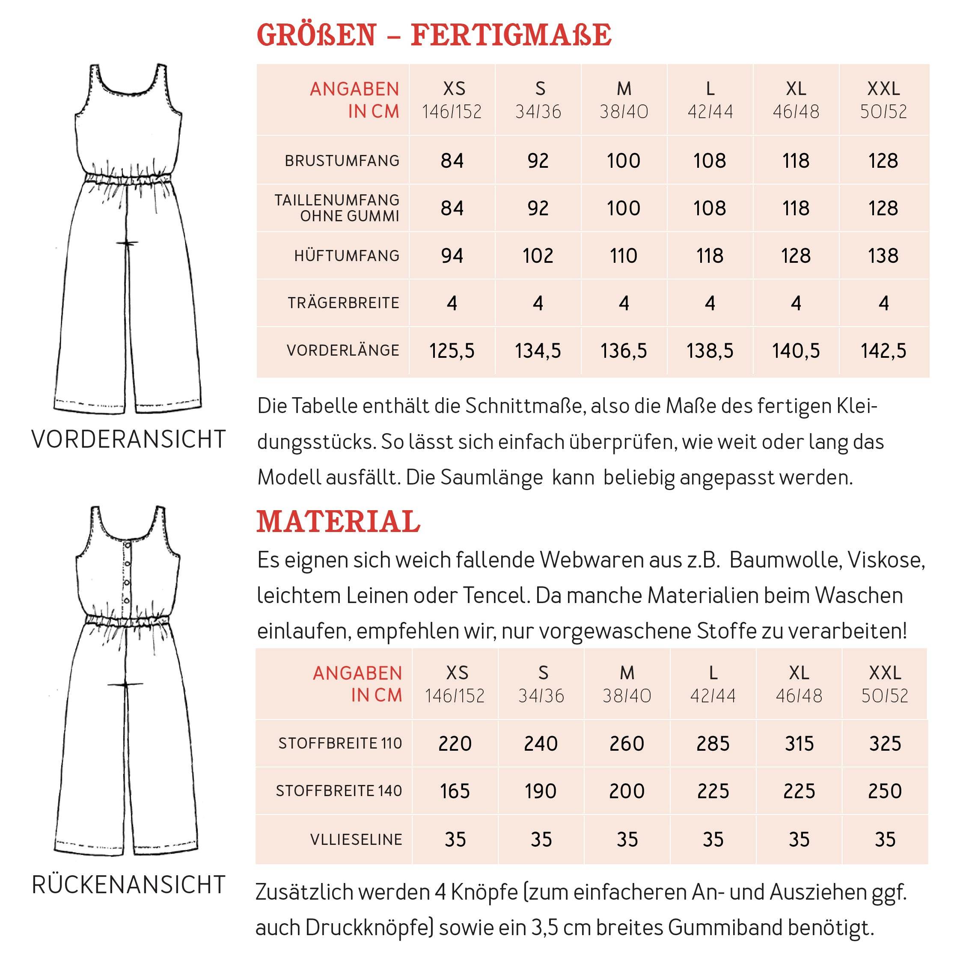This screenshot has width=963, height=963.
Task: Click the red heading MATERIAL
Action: pyautogui.click(x=338, y=522)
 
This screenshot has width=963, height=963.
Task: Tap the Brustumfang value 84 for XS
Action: pyautogui.click(x=452, y=160)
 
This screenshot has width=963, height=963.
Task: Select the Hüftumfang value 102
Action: pyautogui.click(x=538, y=256)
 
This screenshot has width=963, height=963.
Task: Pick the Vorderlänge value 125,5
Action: pyautogui.click(x=452, y=351)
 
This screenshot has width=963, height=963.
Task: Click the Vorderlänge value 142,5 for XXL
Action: pyautogui.click(x=883, y=351)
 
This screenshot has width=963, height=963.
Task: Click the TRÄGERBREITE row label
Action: pyautogui.click(x=343, y=303)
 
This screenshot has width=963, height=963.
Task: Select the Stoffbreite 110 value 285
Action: pyautogui.click(x=713, y=744)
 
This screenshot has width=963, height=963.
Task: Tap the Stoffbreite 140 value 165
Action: pyautogui.click(x=455, y=791)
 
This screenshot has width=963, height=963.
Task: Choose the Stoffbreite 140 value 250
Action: pyautogui.click(x=885, y=791)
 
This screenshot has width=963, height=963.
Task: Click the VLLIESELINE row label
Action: pyautogui.click(x=356, y=839)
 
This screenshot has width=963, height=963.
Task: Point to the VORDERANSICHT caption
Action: pyautogui.click(x=128, y=440)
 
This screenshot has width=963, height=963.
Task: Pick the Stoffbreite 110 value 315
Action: pyautogui.click(x=799, y=744)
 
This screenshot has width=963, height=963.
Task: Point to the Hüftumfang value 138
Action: pyautogui.click(x=883, y=256)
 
